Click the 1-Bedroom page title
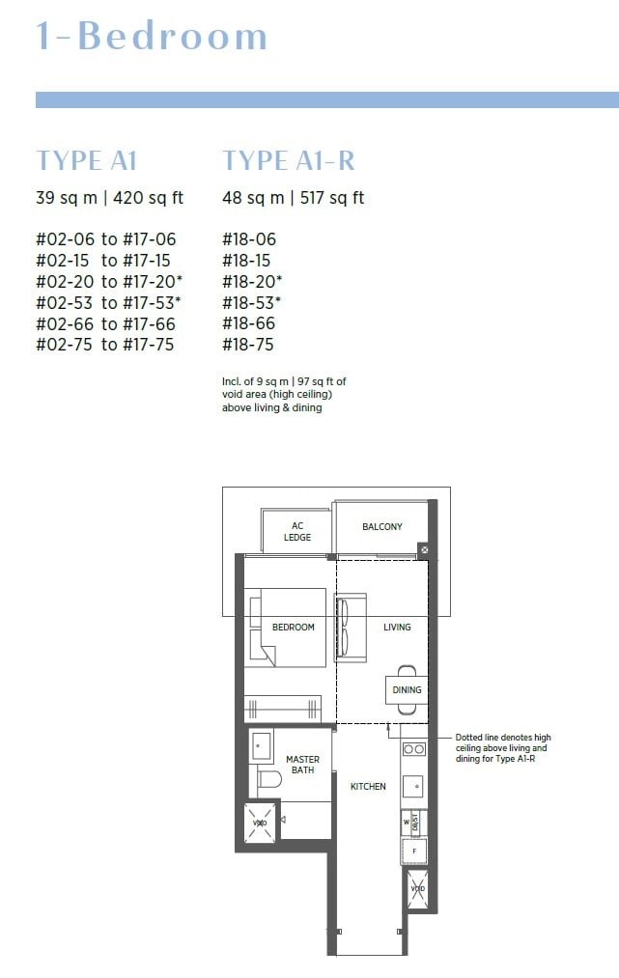pyautogui.click(x=152, y=36)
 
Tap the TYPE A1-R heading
pyautogui.click(x=288, y=160)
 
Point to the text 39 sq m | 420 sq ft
pyautogui.click(x=109, y=198)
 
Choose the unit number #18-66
pyautogui.click(x=246, y=324)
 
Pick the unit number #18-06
pyautogui.click(x=246, y=239)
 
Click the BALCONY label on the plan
pyautogui.click(x=382, y=527)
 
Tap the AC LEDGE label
pyautogui.click(x=297, y=532)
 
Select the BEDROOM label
pyautogui.click(x=294, y=628)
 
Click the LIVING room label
pyautogui.click(x=397, y=628)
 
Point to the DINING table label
pyautogui.click(x=407, y=690)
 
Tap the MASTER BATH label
pyautogui.click(x=302, y=765)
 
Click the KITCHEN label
pyautogui.click(x=368, y=787)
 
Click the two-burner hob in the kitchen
pyautogui.click(x=413, y=749)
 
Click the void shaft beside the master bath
pyautogui.click(x=259, y=823)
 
